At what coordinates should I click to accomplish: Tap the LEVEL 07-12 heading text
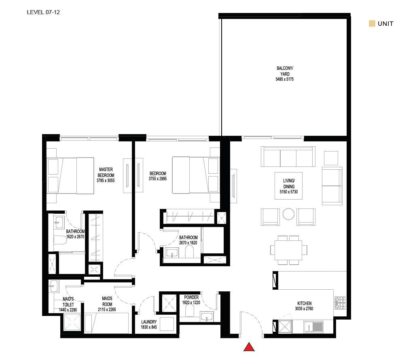click(43, 12)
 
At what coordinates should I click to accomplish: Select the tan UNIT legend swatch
click(372, 23)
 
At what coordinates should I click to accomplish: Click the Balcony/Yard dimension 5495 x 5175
click(285, 79)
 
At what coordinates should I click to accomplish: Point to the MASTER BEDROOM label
click(106, 172)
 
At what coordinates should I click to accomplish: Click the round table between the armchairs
click(289, 214)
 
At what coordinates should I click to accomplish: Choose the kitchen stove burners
click(340, 303)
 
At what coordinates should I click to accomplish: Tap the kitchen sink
click(313, 327)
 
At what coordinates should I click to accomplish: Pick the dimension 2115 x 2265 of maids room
click(107, 309)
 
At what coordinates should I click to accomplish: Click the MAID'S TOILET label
click(68, 302)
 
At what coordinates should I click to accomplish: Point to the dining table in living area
click(289, 250)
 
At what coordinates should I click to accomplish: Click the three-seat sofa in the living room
click(288, 157)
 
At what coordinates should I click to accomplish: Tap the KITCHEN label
click(305, 303)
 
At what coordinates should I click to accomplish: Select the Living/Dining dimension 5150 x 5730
click(289, 192)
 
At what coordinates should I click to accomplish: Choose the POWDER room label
click(191, 297)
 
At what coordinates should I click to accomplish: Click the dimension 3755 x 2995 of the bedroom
click(158, 179)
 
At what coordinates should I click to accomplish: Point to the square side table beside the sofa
click(331, 158)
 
